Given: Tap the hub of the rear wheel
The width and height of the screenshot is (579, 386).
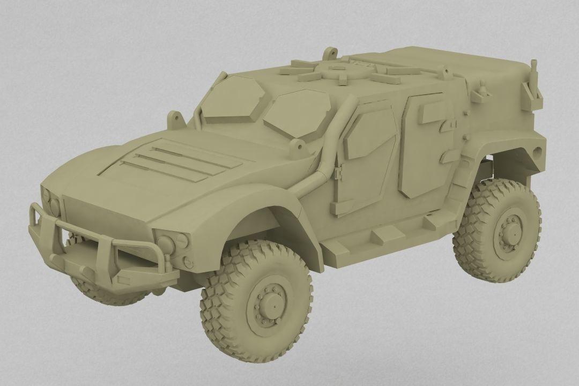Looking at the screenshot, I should point(511,231).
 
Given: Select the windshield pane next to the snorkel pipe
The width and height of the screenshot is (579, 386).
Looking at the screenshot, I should point(295,113).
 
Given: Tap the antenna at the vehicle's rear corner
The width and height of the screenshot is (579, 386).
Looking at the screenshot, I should point(534,80).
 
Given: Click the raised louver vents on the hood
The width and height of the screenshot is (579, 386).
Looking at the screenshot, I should point(161,158).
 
